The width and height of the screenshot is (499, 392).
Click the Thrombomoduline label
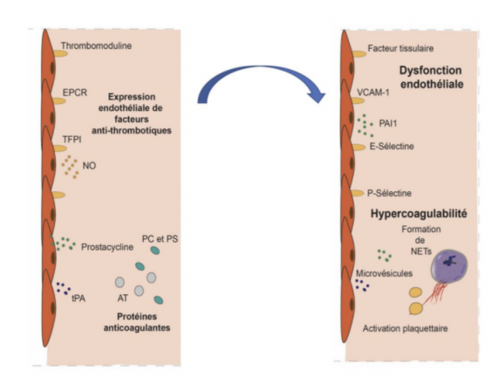(96, 46)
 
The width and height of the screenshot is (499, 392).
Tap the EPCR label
(75, 93)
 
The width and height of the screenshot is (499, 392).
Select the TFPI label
(72, 139)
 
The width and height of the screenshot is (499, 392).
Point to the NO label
(89, 166)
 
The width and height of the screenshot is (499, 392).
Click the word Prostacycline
(107, 247)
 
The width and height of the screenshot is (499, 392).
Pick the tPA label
(79, 299)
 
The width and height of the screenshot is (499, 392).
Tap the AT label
(122, 298)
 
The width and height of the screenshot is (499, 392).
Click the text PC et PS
(160, 239)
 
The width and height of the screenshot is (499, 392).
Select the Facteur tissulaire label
(400, 48)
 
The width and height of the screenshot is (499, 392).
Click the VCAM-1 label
(373, 93)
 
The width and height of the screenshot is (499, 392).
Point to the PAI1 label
(388, 123)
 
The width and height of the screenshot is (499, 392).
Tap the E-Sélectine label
(392, 147)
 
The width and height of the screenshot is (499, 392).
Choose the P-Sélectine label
(389, 193)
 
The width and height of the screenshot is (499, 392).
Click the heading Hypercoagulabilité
(419, 213)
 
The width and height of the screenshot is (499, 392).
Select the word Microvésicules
(384, 273)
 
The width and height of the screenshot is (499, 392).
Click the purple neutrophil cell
(449, 265)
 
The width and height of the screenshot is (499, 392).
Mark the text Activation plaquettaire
(405, 328)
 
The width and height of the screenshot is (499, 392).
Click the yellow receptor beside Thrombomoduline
(60, 53)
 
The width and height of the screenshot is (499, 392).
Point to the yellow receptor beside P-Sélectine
(357, 193)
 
